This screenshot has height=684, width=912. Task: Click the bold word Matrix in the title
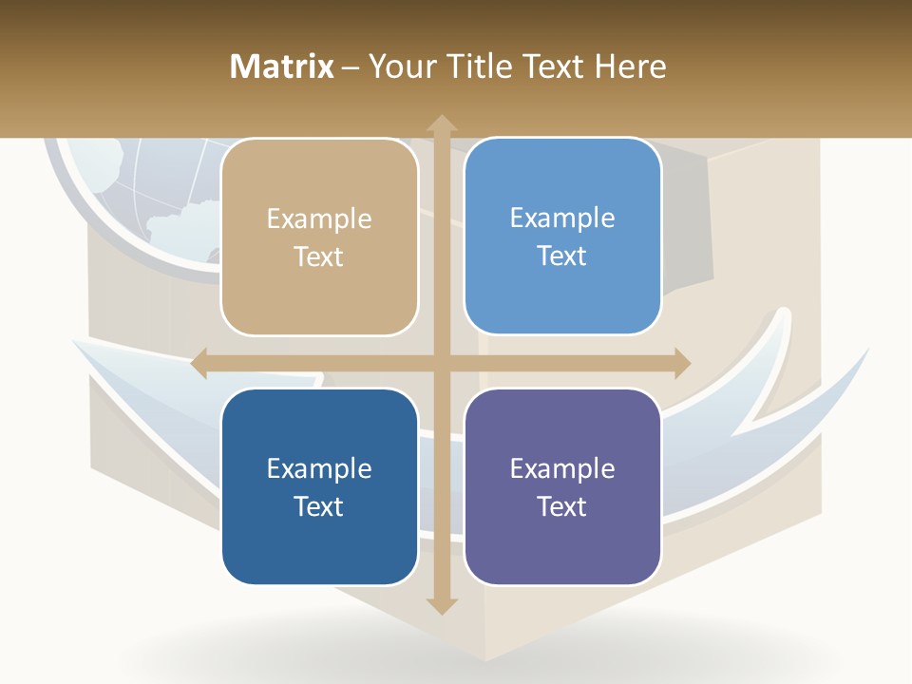click(281, 66)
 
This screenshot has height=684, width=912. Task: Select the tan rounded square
click(319, 237)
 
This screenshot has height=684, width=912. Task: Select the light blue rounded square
click(562, 237)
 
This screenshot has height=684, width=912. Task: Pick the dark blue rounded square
click(319, 486)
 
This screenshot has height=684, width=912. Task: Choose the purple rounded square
click(562, 486)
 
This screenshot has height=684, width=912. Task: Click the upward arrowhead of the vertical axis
click(442, 123)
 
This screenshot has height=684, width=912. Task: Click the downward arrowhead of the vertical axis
click(442, 605)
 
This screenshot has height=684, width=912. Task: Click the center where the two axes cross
click(442, 364)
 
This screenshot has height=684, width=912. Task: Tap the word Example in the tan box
click(319, 219)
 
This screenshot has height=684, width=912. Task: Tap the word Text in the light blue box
click(562, 256)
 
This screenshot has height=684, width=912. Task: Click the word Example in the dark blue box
click(319, 468)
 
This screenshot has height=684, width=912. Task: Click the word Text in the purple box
click(562, 506)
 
